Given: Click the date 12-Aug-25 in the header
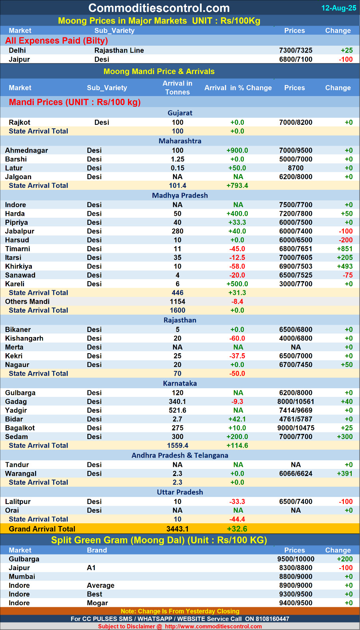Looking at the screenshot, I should [338, 8].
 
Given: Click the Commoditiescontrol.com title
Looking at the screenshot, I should [159, 8].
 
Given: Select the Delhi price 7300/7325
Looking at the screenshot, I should [295, 50].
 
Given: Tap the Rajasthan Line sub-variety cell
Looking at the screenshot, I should [119, 50].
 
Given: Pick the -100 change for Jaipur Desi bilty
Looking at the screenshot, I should [345, 59].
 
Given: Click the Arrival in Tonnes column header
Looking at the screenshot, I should [177, 88].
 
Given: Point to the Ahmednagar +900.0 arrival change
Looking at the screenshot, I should [237, 150].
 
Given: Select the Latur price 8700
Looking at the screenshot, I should [295, 168].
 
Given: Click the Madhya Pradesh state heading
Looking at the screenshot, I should [180, 195].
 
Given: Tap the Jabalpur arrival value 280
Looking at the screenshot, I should [177, 231].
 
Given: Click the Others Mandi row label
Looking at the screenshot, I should [27, 302].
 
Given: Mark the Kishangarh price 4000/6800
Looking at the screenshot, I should [295, 338].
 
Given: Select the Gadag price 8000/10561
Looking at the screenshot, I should [295, 402].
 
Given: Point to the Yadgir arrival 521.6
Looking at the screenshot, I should [177, 410].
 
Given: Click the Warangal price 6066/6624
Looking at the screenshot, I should [295, 474].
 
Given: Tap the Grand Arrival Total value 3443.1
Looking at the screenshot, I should [177, 529].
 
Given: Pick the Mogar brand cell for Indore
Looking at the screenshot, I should [97, 603].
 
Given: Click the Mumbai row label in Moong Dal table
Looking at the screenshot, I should [22, 576].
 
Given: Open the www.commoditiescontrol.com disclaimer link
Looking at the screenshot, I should [213, 626].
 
